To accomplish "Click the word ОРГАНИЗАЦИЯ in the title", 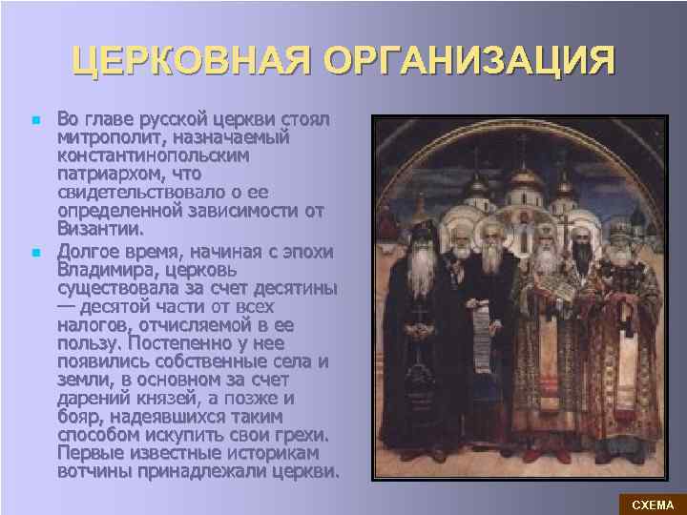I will (x=468, y=62).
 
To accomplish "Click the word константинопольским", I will (x=152, y=154).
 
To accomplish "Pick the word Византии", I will (x=100, y=229).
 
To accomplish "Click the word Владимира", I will (x=104, y=270).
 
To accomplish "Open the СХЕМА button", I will (x=653, y=504).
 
